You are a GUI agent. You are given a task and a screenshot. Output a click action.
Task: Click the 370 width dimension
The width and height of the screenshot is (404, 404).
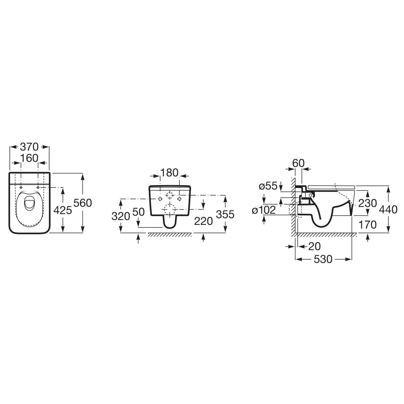[29, 147]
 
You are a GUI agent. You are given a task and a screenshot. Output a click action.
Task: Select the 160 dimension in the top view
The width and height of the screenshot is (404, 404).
[29, 158]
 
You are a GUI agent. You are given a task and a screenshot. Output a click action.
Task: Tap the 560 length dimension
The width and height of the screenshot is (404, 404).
[83, 203]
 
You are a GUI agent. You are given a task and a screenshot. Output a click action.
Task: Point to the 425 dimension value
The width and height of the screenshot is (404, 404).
[63, 210]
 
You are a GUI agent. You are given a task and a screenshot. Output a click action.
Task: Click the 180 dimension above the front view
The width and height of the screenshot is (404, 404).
[169, 173]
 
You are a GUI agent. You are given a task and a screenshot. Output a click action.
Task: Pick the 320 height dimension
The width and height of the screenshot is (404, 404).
[121, 216]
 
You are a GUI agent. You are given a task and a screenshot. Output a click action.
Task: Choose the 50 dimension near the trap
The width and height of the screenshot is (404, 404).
[139, 212]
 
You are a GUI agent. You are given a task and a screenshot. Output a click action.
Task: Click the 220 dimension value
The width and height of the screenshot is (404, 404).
[203, 221]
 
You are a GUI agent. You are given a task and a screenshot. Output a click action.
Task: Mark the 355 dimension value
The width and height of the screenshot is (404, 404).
[225, 214]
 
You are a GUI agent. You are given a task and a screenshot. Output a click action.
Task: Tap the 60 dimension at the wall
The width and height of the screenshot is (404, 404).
[298, 163]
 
